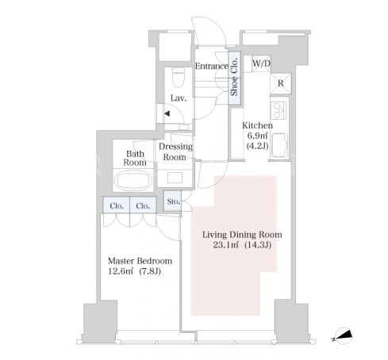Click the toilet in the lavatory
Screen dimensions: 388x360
(x=178, y=78)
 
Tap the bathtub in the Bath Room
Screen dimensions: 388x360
(x=133, y=180)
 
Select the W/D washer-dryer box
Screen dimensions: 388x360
(x=261, y=63)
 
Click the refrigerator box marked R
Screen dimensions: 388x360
(x=280, y=83)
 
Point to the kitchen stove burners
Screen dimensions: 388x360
(x=279, y=110)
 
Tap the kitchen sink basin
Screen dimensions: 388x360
(x=279, y=145)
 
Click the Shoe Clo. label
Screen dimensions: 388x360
(x=234, y=77)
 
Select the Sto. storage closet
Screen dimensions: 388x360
(x=172, y=201)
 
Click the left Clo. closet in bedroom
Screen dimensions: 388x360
(x=117, y=205)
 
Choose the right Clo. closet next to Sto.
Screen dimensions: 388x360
(x=143, y=205)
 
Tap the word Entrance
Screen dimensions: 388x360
(x=212, y=66)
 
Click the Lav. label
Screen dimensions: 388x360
(x=179, y=98)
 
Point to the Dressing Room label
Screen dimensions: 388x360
(x=175, y=151)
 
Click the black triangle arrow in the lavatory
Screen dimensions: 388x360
(x=167, y=113)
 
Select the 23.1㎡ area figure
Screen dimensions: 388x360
(x=226, y=245)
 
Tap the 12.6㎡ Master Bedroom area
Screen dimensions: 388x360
(x=121, y=271)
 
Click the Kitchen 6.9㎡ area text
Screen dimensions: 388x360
(x=257, y=136)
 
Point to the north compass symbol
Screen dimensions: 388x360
(x=343, y=335)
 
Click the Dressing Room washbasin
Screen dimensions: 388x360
(x=175, y=178)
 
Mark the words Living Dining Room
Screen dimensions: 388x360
(x=242, y=235)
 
